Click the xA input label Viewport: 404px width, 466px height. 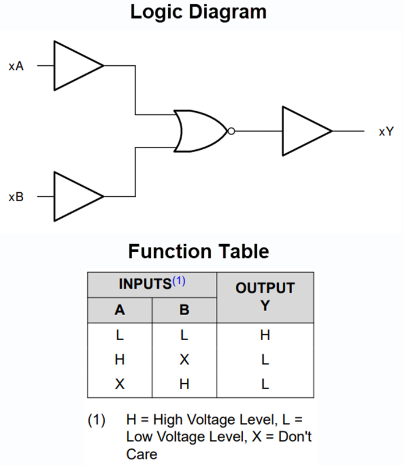(x=16, y=66)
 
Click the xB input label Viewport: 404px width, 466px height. (x=16, y=197)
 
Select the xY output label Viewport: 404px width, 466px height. (x=386, y=132)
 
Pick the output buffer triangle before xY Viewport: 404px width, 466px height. (x=303, y=131)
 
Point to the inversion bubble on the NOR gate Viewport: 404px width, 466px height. (x=231, y=131)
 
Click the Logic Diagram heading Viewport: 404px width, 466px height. (x=198, y=12)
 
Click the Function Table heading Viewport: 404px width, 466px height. (x=199, y=252)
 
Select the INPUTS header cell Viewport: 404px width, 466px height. (x=146, y=284)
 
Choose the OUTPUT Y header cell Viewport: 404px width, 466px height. (x=265, y=297)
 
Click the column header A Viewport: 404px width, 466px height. (x=120, y=310)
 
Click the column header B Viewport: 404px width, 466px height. (x=185, y=310)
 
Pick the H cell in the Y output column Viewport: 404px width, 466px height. (x=265, y=336)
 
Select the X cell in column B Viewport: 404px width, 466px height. (x=185, y=360)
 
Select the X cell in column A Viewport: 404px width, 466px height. (x=120, y=384)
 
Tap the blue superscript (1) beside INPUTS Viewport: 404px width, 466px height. (x=178, y=281)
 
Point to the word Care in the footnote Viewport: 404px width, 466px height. (x=141, y=454)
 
